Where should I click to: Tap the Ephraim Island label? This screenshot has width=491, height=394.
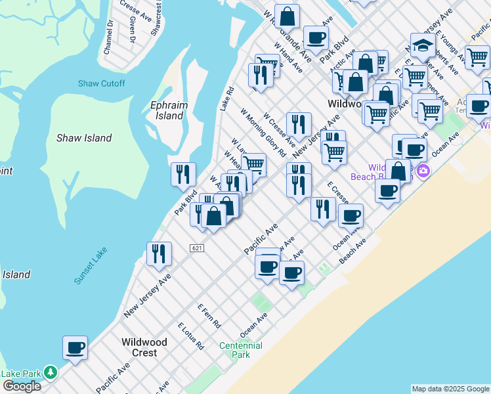(169, 110)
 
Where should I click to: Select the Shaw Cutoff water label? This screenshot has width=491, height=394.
(101, 83)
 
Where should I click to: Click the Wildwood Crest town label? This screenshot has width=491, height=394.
(144, 347)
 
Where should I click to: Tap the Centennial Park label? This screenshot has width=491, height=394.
(241, 349)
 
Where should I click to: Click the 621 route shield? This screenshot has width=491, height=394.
(197, 248)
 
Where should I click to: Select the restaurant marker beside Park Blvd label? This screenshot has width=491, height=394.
(183, 174)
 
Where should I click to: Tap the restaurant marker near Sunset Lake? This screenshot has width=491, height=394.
(159, 253)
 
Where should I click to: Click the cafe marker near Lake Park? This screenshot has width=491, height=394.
(75, 347)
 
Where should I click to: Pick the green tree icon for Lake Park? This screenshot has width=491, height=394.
(51, 373)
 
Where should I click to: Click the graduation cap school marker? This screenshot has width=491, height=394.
(423, 45)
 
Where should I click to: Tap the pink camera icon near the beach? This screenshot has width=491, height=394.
(423, 171)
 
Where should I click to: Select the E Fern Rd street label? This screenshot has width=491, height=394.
(209, 316)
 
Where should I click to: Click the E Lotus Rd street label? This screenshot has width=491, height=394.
(190, 336)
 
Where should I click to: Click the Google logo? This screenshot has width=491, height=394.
(22, 386)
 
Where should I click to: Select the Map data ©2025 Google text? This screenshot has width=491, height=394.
(450, 389)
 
